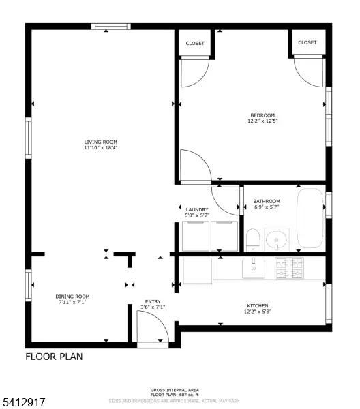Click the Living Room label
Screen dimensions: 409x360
click(100, 142)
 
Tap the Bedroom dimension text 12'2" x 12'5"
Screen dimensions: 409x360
click(262, 121)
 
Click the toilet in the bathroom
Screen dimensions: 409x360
click(252, 239)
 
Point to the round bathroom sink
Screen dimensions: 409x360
click(276, 239)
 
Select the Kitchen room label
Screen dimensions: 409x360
click(257, 305)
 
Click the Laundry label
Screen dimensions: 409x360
click(196, 209)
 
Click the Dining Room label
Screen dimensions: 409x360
click(72, 297)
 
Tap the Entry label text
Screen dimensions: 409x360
click(152, 301)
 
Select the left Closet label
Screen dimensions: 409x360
click(196, 42)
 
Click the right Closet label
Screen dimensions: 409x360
click(307, 42)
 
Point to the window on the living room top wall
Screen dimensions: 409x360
click(110, 27)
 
